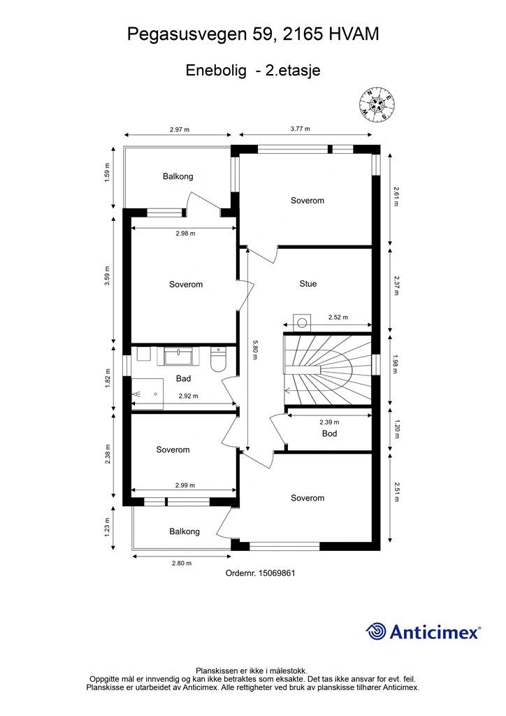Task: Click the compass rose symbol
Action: point(377,105)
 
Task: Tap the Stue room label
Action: point(308,284)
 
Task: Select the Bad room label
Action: point(183,378)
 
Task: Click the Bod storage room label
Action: point(329,434)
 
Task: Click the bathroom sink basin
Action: point(178,356)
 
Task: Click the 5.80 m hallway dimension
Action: point(254,350)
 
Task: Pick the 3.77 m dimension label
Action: point(301,129)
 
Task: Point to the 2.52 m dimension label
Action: point(338,317)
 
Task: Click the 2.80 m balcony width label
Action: point(182,563)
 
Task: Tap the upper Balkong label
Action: point(178,176)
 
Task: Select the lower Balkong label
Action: point(185,531)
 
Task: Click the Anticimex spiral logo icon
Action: point(375,631)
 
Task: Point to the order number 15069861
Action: point(277,573)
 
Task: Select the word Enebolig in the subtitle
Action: point(216,71)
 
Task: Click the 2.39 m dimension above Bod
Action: point(329,422)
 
